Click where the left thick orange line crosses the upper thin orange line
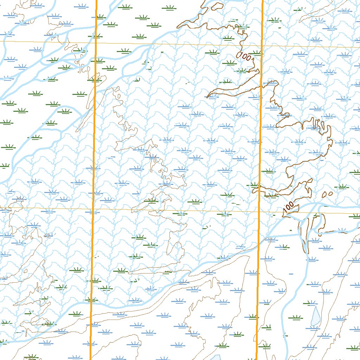(x=96, y=43)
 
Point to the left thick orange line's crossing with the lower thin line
(x=93, y=209)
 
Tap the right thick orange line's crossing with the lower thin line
(x=259, y=212)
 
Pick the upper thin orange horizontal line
(x=176, y=44)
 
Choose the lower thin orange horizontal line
(x=176, y=210)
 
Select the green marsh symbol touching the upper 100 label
(x=257, y=53)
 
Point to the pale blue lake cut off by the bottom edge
(x=215, y=358)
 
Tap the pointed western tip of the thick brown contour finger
(x=207, y=97)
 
